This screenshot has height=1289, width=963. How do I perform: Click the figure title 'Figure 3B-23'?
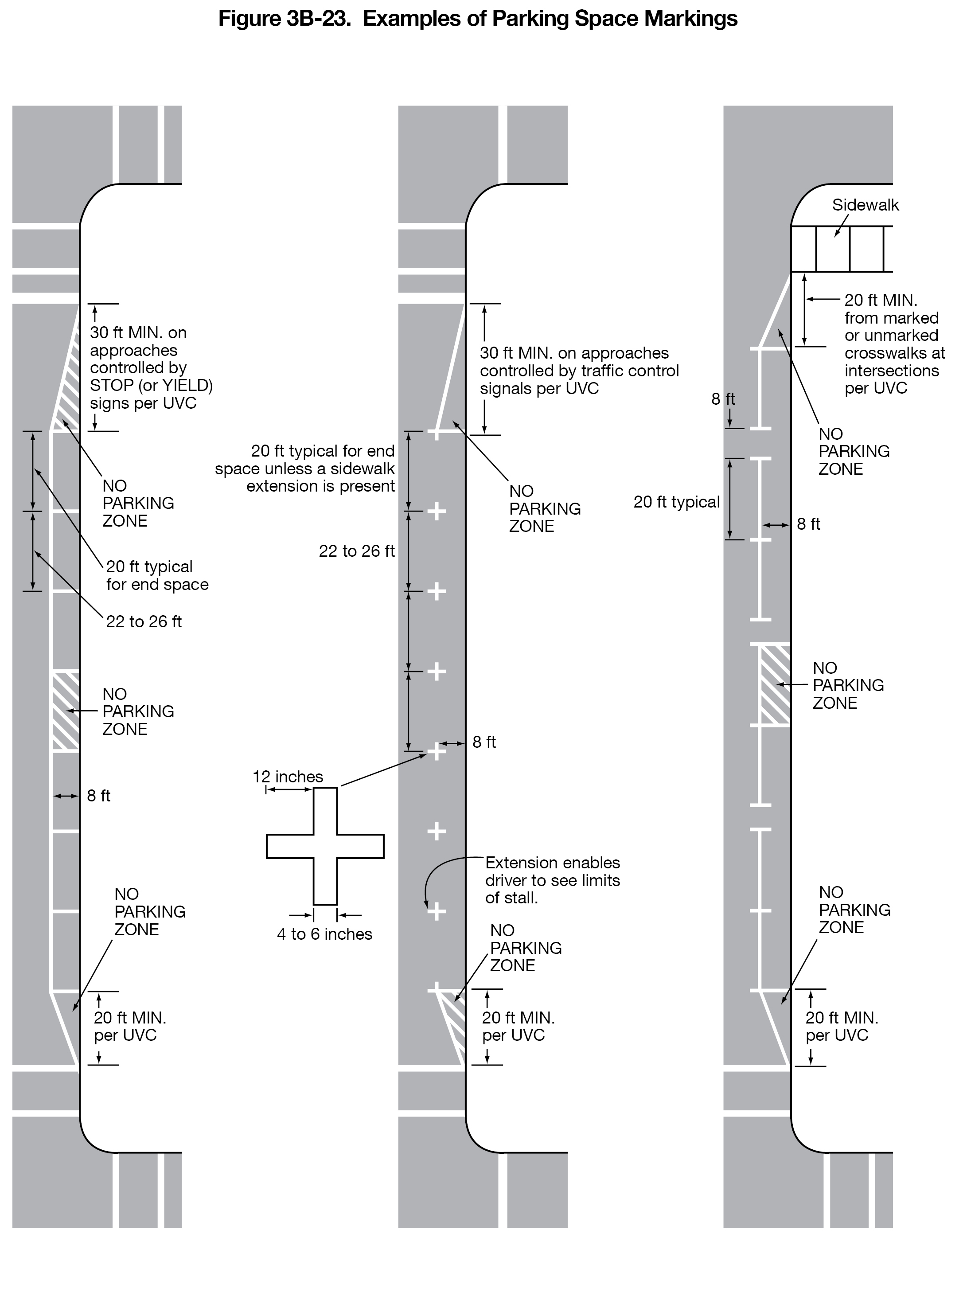477,19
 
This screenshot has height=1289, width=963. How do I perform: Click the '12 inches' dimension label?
287,776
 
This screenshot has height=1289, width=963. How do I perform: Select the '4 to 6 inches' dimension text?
324,934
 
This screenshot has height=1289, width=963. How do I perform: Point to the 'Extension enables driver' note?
552,880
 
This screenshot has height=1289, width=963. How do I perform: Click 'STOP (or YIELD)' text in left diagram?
151,385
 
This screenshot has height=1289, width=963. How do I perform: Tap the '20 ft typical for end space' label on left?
157,575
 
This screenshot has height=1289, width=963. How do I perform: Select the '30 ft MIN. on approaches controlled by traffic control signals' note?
579,371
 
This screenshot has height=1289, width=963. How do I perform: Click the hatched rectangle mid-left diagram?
66,711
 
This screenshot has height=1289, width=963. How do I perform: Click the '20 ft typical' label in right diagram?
676,502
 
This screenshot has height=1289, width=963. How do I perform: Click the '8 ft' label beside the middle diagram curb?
483,742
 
